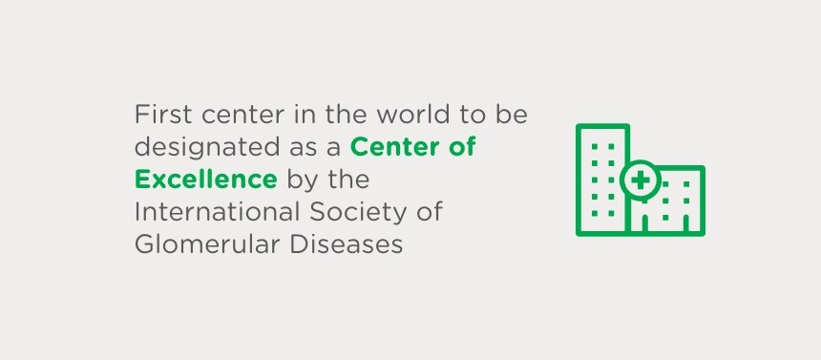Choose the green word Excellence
(x=206, y=180)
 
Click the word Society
(x=363, y=212)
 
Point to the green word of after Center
(x=462, y=148)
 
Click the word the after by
(x=348, y=180)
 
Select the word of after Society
(x=432, y=211)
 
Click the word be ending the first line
(x=514, y=116)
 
